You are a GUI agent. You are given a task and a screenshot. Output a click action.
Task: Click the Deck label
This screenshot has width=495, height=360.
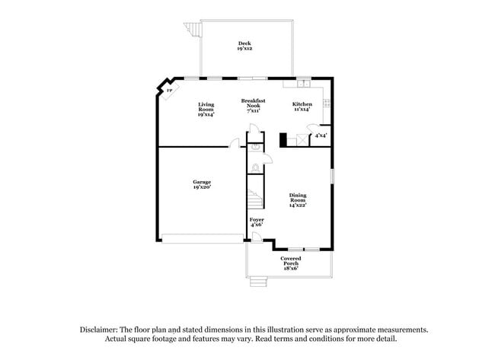coord(244,46)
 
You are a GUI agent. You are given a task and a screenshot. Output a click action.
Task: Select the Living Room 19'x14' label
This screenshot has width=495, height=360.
coord(206,109)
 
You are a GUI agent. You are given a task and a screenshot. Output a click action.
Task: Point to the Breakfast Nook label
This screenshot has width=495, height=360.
coord(253,105)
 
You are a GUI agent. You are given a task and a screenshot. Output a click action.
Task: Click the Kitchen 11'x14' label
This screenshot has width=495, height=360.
coord(302,106)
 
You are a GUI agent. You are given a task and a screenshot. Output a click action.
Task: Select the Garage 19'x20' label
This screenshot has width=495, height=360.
coord(201,184)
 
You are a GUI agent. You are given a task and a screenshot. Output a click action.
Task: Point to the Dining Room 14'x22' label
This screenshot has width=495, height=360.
coord(297,200)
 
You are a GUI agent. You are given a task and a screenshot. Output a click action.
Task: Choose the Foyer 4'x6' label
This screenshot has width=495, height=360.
coord(257,221)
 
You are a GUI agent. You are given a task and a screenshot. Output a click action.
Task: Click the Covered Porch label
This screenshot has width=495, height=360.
coord(290,263)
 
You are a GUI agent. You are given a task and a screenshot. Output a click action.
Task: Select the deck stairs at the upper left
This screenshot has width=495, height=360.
coord(191,30)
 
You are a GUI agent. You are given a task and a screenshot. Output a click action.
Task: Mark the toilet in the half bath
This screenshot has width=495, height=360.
coord(255,163)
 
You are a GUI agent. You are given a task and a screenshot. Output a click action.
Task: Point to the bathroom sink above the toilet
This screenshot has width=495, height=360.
coord(255,145)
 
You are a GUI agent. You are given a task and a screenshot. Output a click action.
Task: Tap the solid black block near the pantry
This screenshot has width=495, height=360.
coord(284,139)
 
